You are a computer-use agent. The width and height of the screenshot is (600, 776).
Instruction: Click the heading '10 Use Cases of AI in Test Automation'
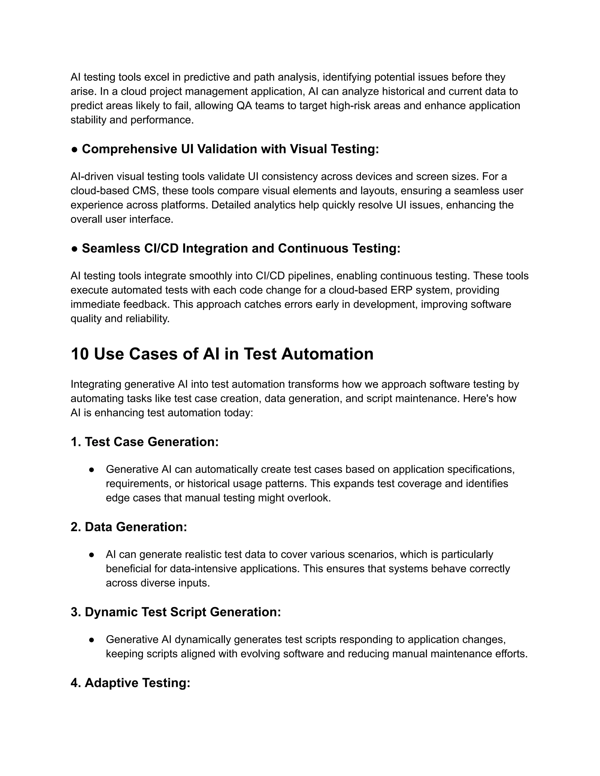[222, 354]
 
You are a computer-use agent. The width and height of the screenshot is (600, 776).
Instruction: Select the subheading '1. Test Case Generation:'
[144, 442]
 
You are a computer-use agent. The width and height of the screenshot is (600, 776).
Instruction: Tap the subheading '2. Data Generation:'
[129, 527]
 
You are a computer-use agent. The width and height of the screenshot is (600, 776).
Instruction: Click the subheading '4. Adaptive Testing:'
[130, 683]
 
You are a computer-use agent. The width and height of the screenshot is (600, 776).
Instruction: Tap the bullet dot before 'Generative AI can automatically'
[91, 470]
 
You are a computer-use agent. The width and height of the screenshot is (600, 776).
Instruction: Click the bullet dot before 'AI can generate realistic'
[91, 555]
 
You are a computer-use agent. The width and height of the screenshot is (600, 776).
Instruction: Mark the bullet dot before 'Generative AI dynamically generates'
[91, 640]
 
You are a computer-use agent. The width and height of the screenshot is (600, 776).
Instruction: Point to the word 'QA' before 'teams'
[244, 106]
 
